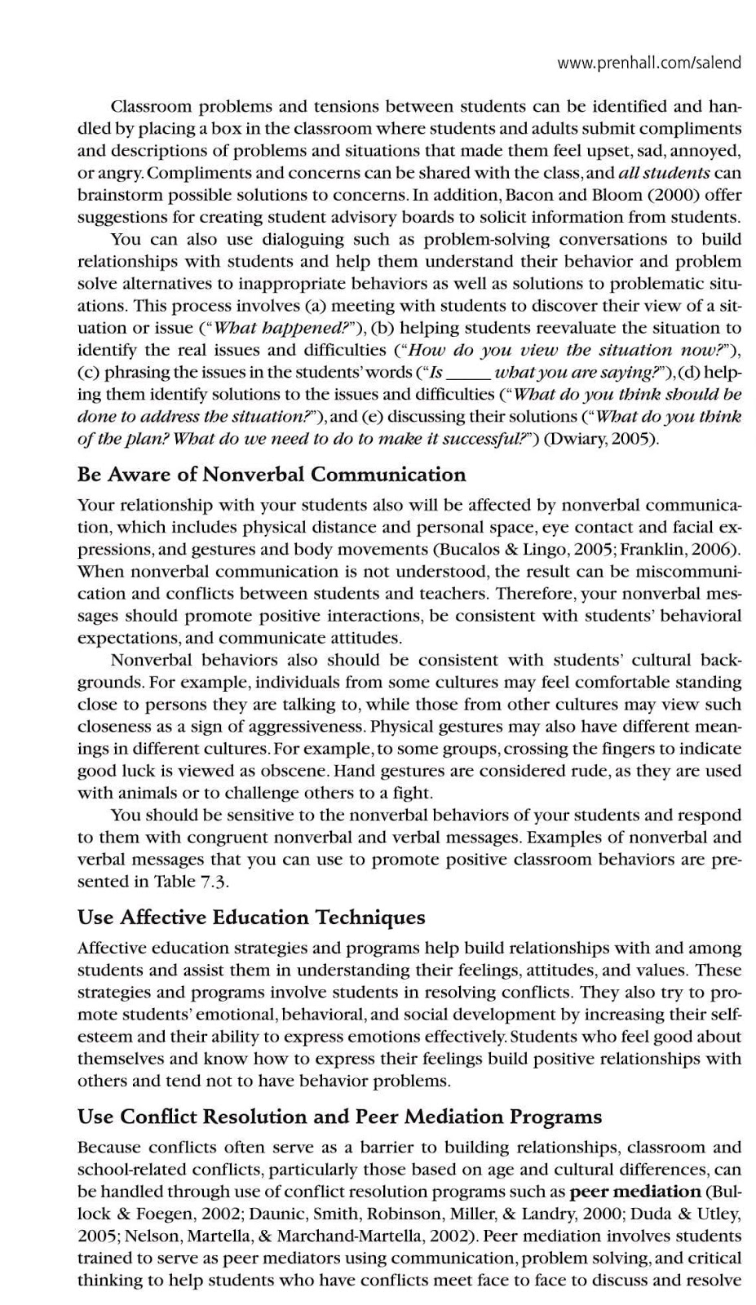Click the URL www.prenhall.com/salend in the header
click(649, 63)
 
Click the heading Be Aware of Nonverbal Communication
click(272, 475)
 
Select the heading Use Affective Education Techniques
click(251, 918)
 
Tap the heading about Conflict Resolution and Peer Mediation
click(339, 1117)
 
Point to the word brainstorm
click(117, 195)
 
